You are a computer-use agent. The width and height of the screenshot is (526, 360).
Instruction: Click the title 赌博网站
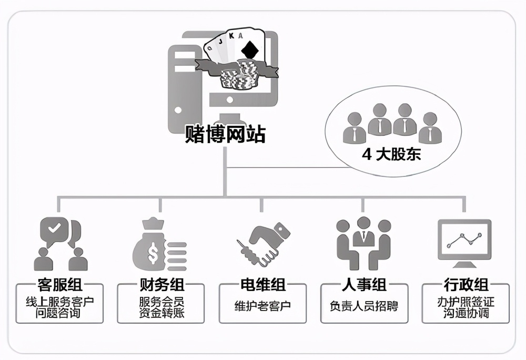[225, 135]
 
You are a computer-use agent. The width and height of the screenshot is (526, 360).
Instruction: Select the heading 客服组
[59, 285]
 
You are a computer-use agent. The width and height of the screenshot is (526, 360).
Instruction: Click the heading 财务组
[161, 285]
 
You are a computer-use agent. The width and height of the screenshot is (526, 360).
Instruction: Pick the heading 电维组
[262, 285]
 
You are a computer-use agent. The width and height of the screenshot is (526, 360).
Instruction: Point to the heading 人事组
[364, 285]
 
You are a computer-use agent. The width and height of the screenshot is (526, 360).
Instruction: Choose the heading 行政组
[466, 285]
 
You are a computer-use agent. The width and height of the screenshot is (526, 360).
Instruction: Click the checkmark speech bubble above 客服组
[55, 229]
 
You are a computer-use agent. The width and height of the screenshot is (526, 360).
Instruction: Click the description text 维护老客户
[262, 306]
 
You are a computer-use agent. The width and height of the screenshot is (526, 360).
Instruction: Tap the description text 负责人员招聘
[364, 306]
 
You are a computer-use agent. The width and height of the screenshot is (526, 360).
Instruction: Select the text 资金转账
[161, 314]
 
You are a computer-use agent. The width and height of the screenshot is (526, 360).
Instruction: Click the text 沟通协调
[466, 314]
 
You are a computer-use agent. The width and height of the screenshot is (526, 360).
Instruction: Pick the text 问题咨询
[59, 314]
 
